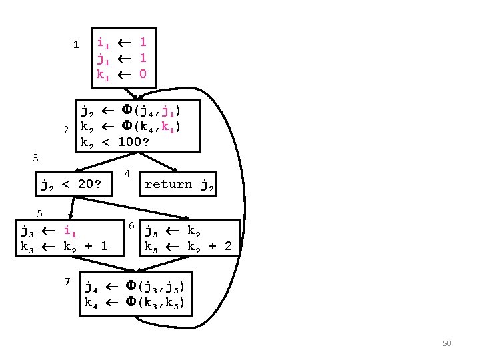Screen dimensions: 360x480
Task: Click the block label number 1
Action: (76, 45)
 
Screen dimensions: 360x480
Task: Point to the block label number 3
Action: (36, 158)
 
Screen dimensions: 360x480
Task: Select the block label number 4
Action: (127, 175)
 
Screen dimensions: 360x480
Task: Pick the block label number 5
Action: (40, 213)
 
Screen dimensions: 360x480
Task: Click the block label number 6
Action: (132, 225)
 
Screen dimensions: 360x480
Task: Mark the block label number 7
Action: (68, 281)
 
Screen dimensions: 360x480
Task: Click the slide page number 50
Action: (447, 343)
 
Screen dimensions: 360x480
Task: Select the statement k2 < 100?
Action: (115, 142)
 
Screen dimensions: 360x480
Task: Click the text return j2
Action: (179, 185)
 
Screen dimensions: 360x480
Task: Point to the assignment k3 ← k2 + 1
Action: (65, 247)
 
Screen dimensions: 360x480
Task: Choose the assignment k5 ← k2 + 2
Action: (189, 247)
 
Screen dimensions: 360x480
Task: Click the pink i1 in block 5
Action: (70, 232)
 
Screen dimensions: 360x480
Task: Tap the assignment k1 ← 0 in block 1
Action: (121, 73)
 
